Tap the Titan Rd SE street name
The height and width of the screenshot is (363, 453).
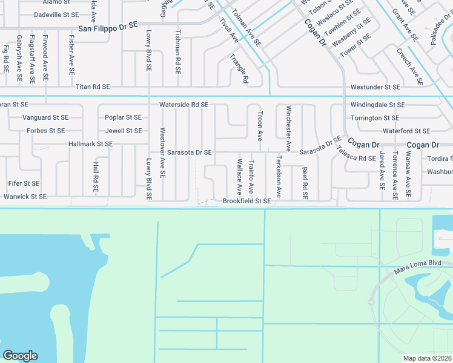[93, 87]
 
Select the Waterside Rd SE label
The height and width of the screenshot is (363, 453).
[184, 105]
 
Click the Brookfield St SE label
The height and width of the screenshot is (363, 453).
[246, 201]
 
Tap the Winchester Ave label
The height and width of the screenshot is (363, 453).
[289, 129]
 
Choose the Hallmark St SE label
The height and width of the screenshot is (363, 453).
[91, 144]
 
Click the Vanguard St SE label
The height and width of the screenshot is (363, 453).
[45, 117]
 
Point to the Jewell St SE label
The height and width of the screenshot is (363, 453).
[123, 131]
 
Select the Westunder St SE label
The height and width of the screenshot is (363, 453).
[375, 87]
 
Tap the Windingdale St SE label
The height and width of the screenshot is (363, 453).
[377, 105]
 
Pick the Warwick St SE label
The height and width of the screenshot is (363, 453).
[25, 197]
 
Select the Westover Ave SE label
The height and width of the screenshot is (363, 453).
[162, 152]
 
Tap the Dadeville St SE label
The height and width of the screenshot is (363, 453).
[56, 15]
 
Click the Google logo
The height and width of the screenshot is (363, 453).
[20, 356]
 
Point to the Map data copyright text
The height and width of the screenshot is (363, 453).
[428, 358]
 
